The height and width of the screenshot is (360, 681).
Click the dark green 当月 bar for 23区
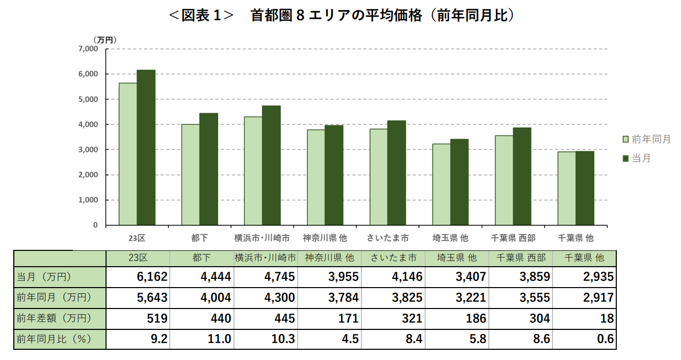click(x=146, y=147)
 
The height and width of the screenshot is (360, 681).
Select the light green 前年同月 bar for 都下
click(x=191, y=174)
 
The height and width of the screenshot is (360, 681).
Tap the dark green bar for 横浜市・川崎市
click(x=271, y=165)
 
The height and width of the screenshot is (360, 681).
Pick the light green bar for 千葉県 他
click(x=566, y=188)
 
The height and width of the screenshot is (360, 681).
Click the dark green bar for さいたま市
click(x=397, y=173)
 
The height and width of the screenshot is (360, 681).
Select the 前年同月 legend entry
click(x=646, y=139)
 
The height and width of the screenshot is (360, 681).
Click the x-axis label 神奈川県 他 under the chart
click(x=325, y=238)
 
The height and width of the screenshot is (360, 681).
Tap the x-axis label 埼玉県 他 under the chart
click(x=450, y=238)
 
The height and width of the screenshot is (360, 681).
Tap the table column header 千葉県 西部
click(x=521, y=258)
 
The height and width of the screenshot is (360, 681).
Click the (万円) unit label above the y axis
click(x=105, y=39)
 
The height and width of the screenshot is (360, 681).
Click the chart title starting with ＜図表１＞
click(x=340, y=16)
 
